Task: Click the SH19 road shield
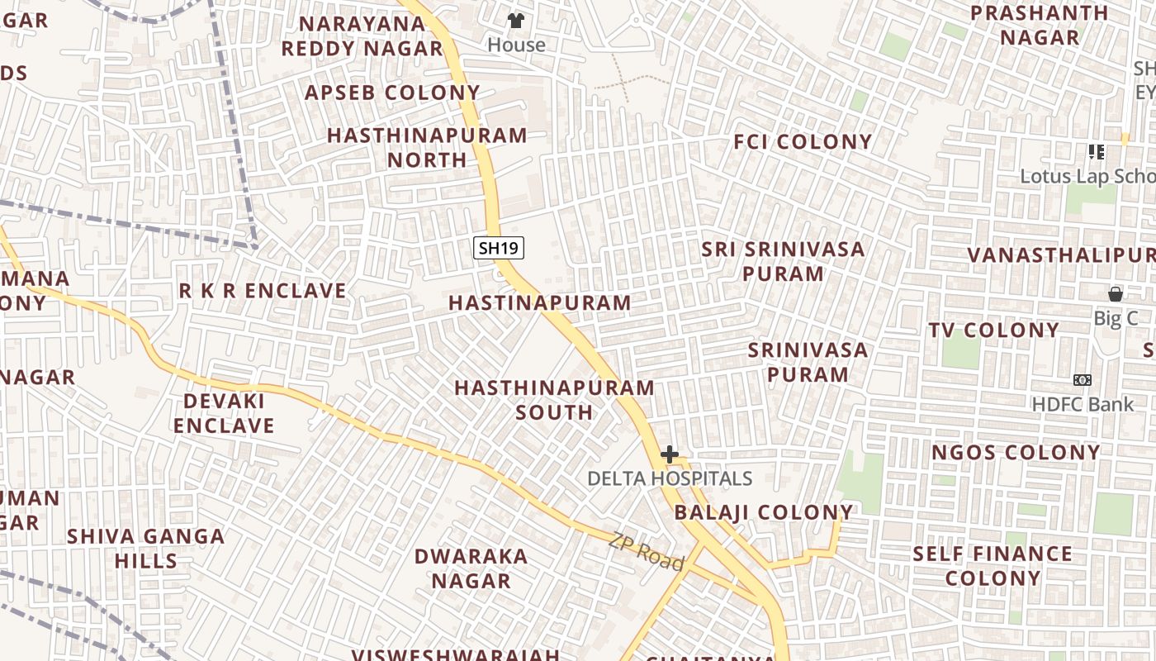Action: coord(499,247)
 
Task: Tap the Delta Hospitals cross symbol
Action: coord(670,454)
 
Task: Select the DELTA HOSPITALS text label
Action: coord(670,478)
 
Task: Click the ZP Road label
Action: coord(647,552)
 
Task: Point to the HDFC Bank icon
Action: coord(1083,380)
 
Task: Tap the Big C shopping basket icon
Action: coord(1115,294)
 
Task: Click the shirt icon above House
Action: coord(516,21)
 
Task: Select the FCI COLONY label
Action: coord(803,142)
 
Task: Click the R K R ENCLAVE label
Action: coord(263,291)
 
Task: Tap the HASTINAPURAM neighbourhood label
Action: coord(540,303)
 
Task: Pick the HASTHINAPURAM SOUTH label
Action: coord(554,400)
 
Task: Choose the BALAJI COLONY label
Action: coord(763,512)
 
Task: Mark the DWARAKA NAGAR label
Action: coord(471,568)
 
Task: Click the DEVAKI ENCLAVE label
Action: coord(224,413)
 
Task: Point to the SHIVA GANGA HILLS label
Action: coord(146,549)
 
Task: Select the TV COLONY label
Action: coord(993,330)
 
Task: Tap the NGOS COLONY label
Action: coord(1016,453)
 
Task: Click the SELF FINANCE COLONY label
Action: coord(993,566)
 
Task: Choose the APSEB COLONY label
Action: coord(392,93)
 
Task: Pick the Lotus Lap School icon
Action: coord(1097,151)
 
